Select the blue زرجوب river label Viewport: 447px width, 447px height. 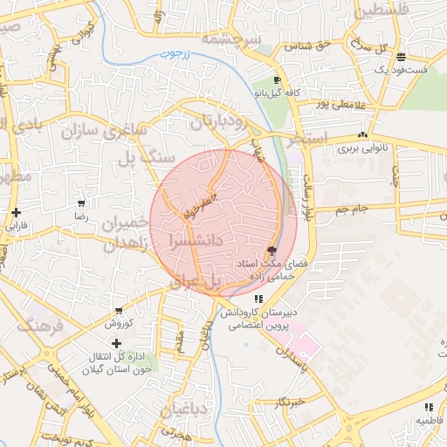click(x=175, y=55)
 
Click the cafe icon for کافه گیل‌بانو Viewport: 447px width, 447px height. click(x=277, y=80)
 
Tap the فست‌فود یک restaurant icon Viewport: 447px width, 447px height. click(x=400, y=58)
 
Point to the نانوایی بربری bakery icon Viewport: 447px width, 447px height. click(x=362, y=135)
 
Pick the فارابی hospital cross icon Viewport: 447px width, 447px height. click(x=16, y=212)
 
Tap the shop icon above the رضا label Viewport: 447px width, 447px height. click(x=81, y=203)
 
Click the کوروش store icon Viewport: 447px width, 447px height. click(x=119, y=311)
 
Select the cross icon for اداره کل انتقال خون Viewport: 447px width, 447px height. click(x=117, y=343)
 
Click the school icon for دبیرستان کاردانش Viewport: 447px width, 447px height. click(x=256, y=298)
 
